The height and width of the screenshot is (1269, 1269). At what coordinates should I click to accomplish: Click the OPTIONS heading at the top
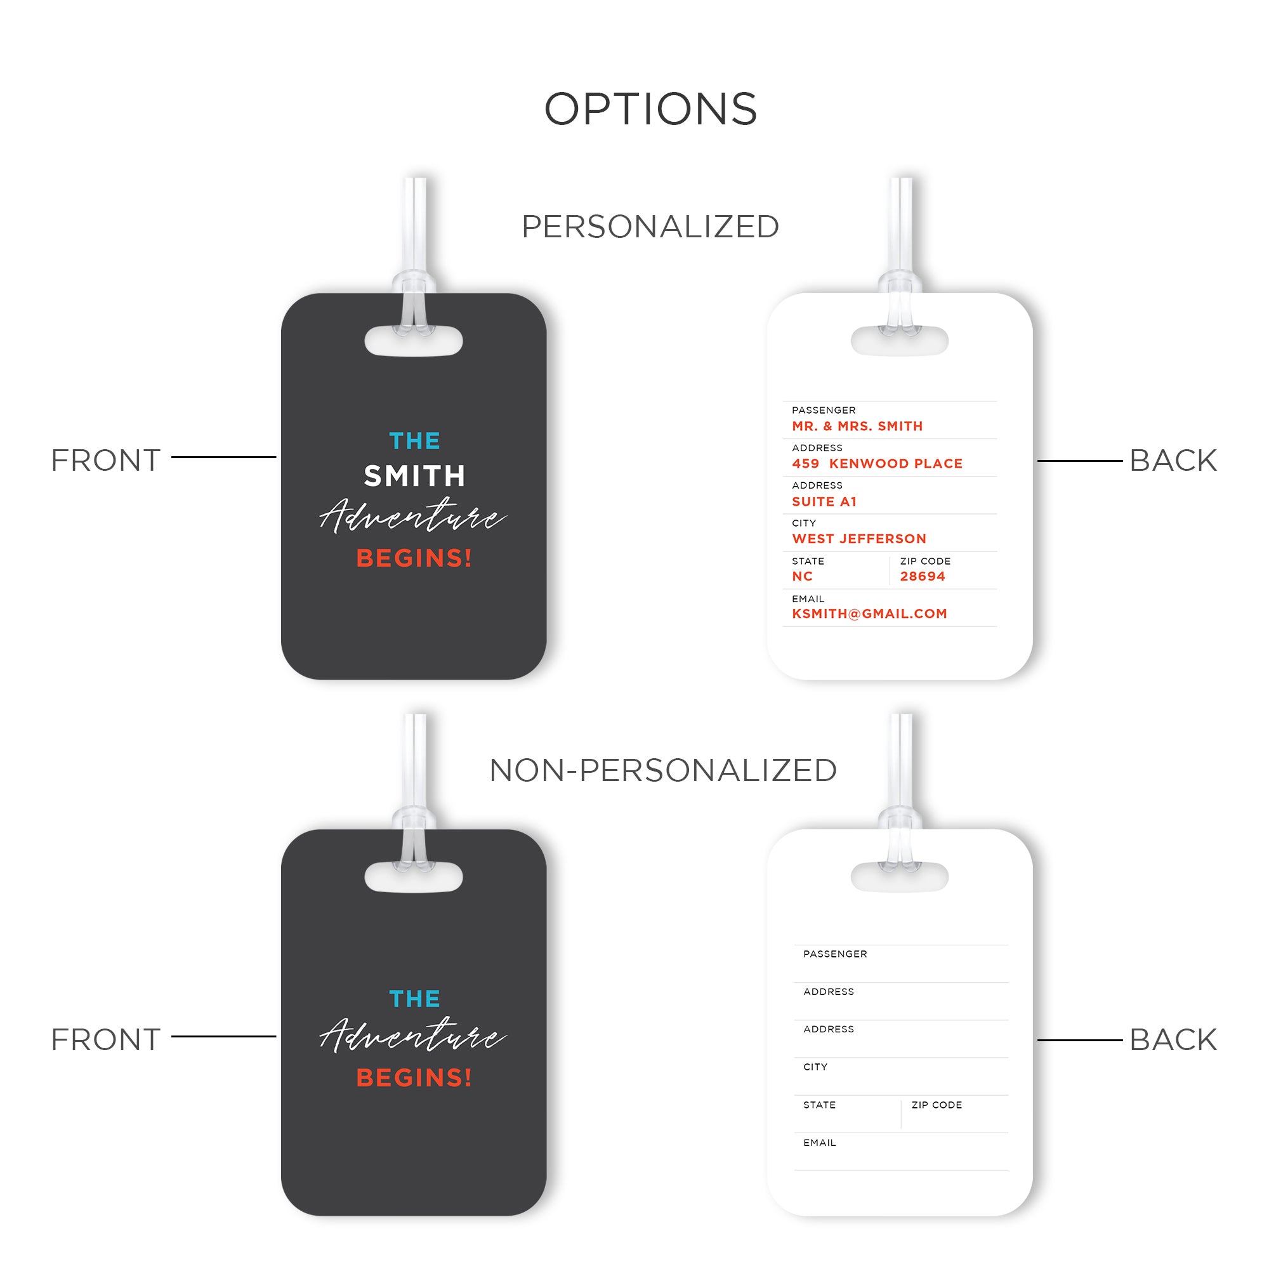coord(650,109)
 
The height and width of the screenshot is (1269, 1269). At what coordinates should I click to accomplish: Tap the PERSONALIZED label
coord(650,227)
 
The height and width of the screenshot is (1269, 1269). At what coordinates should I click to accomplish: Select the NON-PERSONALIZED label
coord(663,770)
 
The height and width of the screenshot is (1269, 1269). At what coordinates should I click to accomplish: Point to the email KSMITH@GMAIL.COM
coord(869,614)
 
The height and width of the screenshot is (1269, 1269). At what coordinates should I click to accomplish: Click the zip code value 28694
coord(922,577)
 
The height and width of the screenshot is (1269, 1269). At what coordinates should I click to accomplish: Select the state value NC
coord(802,577)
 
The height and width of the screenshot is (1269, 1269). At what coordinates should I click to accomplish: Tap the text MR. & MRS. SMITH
coord(857,426)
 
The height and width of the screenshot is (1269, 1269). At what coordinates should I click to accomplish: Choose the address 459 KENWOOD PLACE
coord(877,464)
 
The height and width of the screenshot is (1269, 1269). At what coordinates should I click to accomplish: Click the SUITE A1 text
coord(824,502)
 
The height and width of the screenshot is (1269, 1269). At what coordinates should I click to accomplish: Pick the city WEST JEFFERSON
coord(859,539)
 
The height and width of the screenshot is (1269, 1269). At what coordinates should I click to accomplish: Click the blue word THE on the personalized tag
coord(414,441)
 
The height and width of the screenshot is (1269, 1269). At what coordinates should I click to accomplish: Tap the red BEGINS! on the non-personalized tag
coord(414,1078)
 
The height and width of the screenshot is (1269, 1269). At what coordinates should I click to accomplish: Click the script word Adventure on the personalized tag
coord(412,517)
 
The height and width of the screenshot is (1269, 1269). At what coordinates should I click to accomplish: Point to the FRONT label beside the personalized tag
coord(106,461)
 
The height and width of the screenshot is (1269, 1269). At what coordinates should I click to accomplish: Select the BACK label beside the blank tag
coord(1173,1040)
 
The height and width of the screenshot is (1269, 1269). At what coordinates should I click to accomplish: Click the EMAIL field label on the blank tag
coord(819,1143)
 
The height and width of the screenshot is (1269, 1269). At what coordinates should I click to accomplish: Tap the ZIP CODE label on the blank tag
coord(936,1105)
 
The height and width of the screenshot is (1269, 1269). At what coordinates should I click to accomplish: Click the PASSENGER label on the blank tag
coord(835,954)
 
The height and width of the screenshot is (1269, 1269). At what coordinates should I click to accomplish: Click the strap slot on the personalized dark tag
coord(414,341)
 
